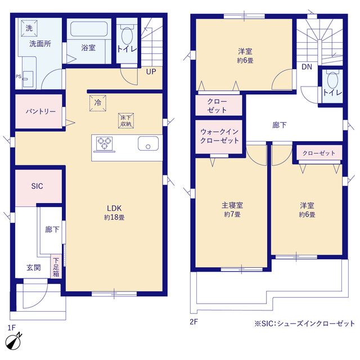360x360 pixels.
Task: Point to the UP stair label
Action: (151, 71)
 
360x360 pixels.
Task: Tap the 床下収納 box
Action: (125, 120)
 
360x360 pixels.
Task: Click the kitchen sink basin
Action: (148, 144)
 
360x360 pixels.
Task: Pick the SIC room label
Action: (37, 186)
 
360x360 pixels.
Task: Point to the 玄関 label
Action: (33, 268)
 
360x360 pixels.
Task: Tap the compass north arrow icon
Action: (14, 341)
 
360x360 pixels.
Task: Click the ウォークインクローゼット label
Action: (219, 136)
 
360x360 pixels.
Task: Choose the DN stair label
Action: (307, 67)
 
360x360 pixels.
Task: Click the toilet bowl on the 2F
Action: (331, 80)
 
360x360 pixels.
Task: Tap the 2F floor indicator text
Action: (194, 322)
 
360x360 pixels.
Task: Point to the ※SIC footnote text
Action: (304, 323)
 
